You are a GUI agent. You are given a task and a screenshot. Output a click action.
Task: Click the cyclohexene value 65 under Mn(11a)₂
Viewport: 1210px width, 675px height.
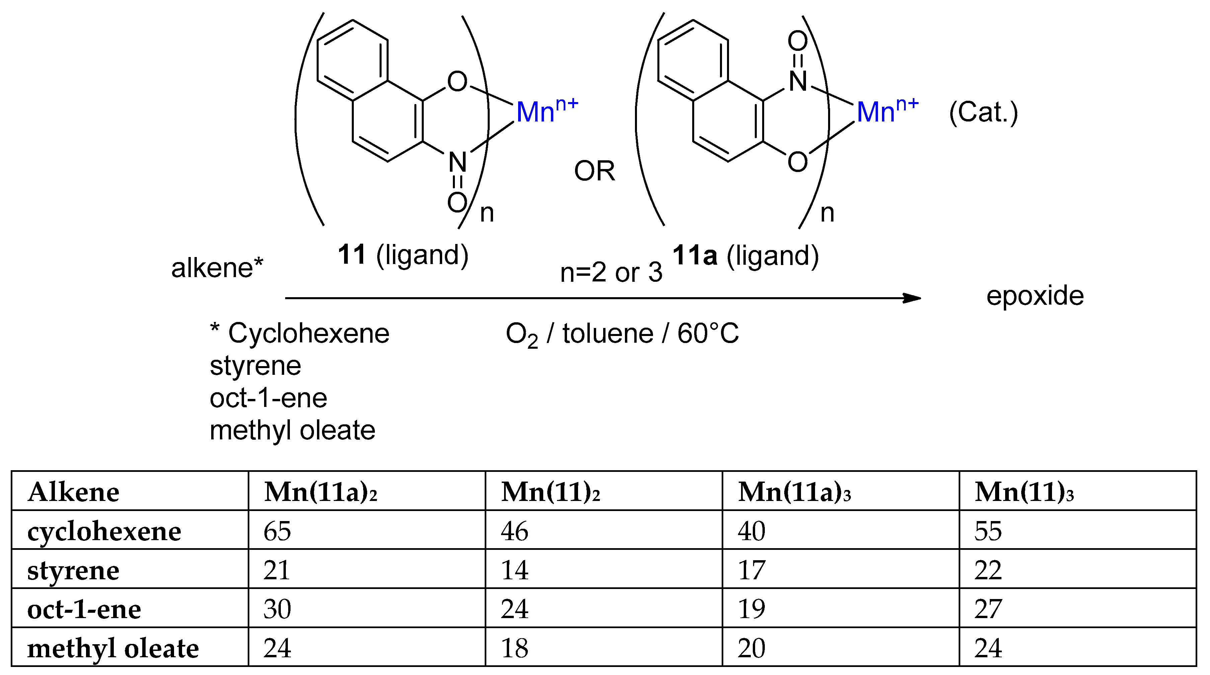(x=277, y=531)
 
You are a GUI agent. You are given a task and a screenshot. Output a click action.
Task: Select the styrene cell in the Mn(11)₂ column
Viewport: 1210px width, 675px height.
(x=514, y=570)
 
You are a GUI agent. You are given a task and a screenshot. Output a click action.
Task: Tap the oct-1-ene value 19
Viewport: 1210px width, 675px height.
(x=751, y=609)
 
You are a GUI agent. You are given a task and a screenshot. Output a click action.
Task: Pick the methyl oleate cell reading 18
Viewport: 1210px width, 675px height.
(x=514, y=648)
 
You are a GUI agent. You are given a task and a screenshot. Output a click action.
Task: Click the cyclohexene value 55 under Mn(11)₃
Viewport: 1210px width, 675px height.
(x=988, y=531)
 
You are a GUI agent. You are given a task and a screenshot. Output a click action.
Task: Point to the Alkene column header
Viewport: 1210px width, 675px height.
(x=73, y=492)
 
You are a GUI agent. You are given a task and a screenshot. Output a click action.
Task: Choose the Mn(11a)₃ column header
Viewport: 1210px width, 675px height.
(x=794, y=492)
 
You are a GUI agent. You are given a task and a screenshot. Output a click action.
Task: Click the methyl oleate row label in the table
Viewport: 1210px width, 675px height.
(x=113, y=648)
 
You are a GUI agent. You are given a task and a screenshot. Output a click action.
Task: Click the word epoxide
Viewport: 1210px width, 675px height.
(x=1035, y=296)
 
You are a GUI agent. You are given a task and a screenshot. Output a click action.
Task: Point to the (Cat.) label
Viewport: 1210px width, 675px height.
(x=983, y=113)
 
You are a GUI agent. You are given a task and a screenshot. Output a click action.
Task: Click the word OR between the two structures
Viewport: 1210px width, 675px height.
(x=594, y=171)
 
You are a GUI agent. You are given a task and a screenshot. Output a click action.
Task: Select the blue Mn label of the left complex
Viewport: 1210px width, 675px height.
(x=536, y=113)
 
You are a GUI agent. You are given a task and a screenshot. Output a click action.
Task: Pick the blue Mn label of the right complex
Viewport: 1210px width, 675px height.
(x=876, y=113)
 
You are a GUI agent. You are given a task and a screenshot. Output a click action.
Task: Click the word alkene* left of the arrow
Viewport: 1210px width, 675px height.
(x=217, y=268)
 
